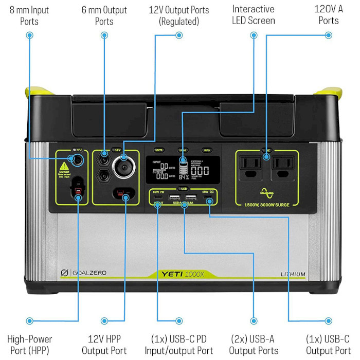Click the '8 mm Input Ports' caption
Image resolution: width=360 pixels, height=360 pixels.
[30, 15]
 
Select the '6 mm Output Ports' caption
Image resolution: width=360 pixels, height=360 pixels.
[104, 15]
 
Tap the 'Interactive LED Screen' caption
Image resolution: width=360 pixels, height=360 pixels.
[254, 15]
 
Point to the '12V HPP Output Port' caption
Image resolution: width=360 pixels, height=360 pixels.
[104, 345]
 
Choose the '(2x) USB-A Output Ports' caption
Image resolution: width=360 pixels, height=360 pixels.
[254, 345]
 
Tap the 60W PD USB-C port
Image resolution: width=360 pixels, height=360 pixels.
[158, 198]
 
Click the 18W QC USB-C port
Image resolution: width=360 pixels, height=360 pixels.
[209, 198]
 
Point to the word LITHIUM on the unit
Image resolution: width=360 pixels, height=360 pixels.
[293, 274]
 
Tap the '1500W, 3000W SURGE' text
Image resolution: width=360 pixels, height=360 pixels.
[267, 205]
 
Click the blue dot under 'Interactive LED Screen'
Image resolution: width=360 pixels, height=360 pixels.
[254, 35]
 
